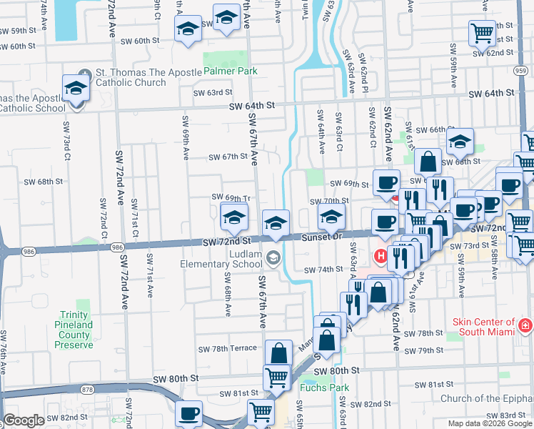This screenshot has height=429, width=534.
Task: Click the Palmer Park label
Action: (230, 71)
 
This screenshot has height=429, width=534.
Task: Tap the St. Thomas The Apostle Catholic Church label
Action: (131, 77)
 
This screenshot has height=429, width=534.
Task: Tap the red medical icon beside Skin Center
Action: (525, 327)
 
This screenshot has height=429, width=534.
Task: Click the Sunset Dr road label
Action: (323, 237)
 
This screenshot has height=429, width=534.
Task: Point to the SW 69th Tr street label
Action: (230, 197)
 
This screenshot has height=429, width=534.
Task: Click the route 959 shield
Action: (521, 70)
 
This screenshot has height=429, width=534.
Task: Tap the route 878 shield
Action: (88, 390)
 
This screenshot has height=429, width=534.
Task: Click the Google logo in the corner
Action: (24, 420)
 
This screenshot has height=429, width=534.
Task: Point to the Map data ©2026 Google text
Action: (490, 423)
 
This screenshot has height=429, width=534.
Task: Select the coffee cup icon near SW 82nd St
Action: (189, 413)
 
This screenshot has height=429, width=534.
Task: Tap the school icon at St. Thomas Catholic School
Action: (75, 88)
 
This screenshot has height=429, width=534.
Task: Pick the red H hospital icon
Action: (381, 254)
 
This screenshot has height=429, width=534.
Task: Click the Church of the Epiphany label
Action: (485, 399)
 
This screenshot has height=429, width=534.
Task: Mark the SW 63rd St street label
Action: (215, 92)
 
